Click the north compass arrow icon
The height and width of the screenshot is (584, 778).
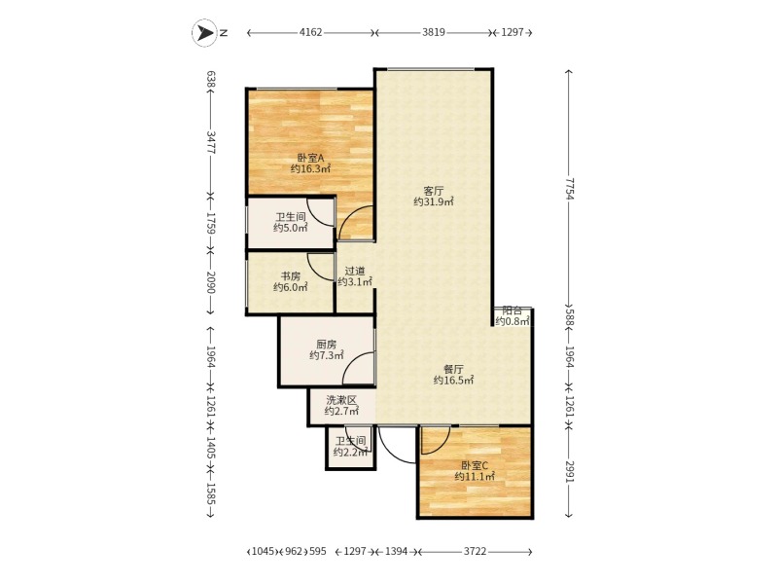pos(204,33)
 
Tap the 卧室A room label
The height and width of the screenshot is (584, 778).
pos(310,158)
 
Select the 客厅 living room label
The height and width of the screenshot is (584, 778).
pos(434,191)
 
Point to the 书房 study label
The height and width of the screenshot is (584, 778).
pos(291,276)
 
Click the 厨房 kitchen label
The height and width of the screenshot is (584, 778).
pos(327,345)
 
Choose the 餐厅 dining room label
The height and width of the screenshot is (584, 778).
pos(453,370)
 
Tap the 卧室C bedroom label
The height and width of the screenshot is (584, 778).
pos(475,466)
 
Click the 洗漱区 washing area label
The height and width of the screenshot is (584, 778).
pos(342,400)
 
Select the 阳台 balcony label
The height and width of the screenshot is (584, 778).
pos(513,310)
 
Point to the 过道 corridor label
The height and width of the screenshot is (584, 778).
pos(355,272)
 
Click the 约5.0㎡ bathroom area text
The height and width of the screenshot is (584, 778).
pos(291,228)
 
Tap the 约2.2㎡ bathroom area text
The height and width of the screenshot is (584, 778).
pos(351,452)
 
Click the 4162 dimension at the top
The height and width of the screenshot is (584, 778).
pos(310,33)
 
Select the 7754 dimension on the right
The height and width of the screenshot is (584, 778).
pos(569,189)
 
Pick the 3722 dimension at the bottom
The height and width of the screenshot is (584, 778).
pos(476,551)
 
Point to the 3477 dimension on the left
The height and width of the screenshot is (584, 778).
pos(210,142)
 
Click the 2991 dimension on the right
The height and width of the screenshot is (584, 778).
pos(569,470)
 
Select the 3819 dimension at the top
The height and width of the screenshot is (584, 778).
pos(434,33)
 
